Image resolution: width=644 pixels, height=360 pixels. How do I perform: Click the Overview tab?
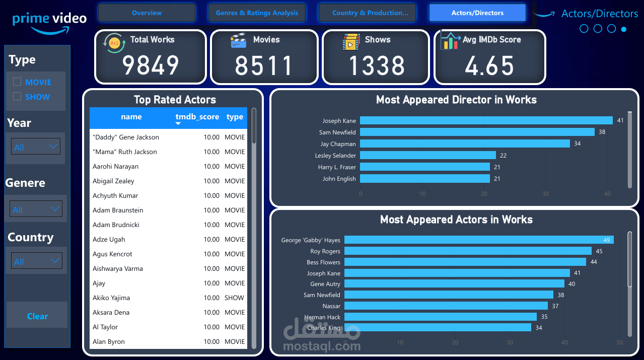click(147, 13)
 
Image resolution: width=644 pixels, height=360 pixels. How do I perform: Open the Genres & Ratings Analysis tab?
click(257, 13)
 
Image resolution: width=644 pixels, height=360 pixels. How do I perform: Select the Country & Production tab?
click(370, 13)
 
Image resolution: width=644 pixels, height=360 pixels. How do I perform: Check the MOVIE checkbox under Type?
click(17, 82)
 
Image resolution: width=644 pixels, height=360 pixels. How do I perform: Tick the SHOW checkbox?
click(17, 96)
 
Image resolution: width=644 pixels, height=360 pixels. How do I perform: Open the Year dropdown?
click(36, 147)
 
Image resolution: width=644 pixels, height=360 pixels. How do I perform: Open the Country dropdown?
click(36, 261)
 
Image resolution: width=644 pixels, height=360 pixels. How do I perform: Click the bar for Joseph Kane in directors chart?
click(486, 121)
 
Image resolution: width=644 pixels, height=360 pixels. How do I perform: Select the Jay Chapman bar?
click(465, 144)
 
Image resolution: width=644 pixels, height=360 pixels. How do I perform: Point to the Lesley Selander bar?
click(428, 156)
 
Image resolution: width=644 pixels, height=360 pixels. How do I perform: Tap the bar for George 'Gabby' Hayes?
click(478, 240)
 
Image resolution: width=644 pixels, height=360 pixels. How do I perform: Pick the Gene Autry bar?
click(454, 284)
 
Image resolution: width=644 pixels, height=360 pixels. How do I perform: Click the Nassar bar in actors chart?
click(446, 306)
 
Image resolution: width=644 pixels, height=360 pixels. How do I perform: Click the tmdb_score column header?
click(197, 117)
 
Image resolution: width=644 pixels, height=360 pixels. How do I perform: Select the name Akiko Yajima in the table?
click(111, 298)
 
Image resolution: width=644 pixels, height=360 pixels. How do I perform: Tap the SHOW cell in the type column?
click(234, 298)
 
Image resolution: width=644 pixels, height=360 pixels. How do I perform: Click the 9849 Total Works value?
click(151, 65)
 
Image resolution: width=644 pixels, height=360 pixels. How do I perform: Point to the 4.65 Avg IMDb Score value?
click(489, 66)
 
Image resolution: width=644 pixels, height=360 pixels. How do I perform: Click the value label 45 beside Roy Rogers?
click(599, 251)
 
